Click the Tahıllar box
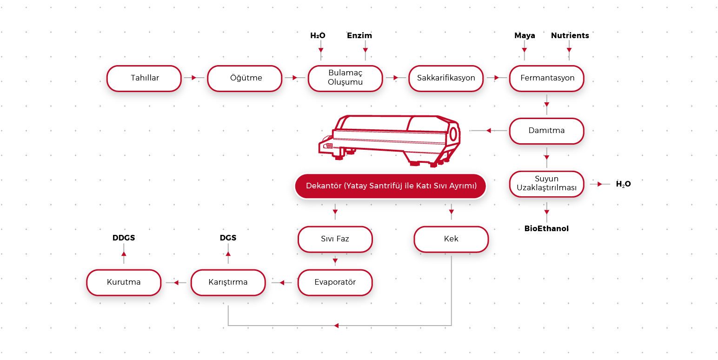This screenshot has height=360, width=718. click(144, 78)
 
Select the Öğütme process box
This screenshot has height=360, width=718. click(245, 78)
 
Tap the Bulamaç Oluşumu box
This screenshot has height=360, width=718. click(345, 78)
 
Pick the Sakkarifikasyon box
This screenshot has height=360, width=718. click(446, 78)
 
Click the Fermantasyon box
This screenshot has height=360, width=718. click(547, 78)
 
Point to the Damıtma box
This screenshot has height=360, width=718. click(546, 131)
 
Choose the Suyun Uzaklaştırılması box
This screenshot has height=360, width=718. click(546, 184)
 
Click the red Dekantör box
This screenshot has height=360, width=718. click(391, 186)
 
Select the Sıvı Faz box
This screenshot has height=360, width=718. click(335, 239)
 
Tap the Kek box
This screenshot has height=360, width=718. click(451, 239)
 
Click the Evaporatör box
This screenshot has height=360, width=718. click(335, 282)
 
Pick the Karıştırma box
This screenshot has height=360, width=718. click(228, 282)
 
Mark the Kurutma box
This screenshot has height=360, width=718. click(124, 282)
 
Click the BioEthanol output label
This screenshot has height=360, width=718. click(546, 228)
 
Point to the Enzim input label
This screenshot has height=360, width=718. click(359, 35)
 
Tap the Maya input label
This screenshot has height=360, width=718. click(525, 35)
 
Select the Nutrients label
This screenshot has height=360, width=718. click(570, 35)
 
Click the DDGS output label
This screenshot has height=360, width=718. click(124, 238)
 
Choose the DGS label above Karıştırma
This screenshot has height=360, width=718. click(228, 238)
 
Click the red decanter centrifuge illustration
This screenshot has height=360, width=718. click(391, 140)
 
